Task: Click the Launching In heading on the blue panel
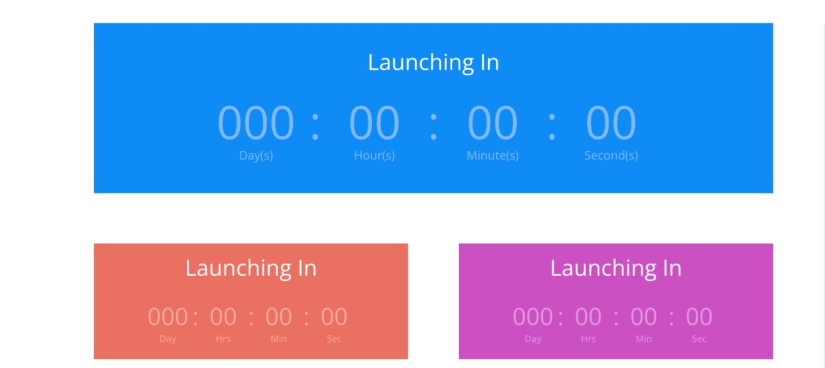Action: [x=433, y=62]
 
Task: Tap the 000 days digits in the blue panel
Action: [x=256, y=123]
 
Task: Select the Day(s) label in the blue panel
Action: [x=256, y=156]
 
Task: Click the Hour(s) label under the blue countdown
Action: [x=374, y=156]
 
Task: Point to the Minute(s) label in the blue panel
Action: [x=493, y=156]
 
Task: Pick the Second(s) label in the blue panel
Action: [x=611, y=156]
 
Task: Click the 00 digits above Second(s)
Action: [x=611, y=123]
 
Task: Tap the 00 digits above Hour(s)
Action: [x=374, y=123]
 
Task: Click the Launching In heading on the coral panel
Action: [x=251, y=268]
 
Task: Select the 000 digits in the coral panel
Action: [x=168, y=317]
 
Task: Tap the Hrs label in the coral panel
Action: [x=223, y=339]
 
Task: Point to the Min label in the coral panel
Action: [x=278, y=339]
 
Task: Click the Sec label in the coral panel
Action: [x=334, y=339]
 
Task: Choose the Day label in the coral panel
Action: [x=168, y=339]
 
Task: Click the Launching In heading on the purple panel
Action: [x=616, y=268]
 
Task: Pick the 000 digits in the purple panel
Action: [x=532, y=317]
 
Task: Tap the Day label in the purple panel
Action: [x=532, y=339]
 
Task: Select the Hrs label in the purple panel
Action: [x=588, y=339]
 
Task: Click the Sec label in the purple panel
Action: [x=699, y=339]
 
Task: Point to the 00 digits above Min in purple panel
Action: [x=643, y=317]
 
